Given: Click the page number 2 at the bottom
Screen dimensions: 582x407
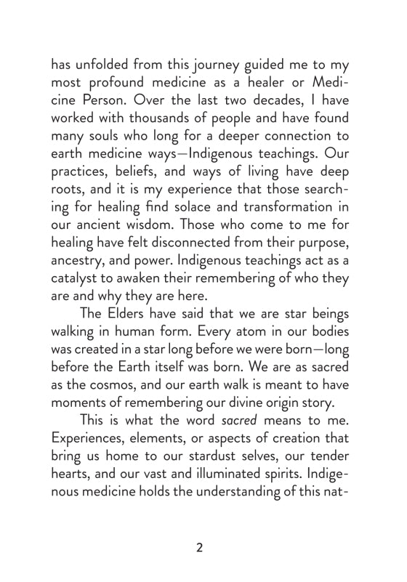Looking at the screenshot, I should point(199,547).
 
